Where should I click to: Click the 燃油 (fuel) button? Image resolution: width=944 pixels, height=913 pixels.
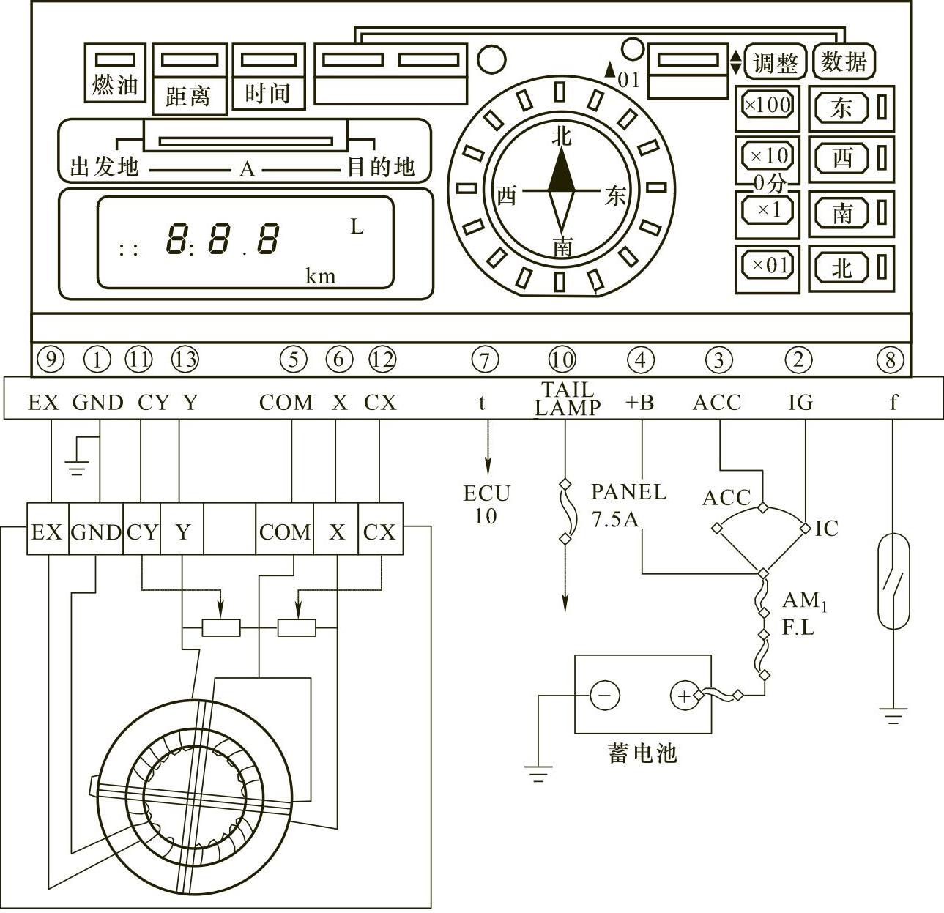pyautogui.click(x=115, y=73)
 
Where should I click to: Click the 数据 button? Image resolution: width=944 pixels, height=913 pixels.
pyautogui.click(x=844, y=62)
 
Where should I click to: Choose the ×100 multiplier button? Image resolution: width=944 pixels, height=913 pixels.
pyautogui.click(x=767, y=105)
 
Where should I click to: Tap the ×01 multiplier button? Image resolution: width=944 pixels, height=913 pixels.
pyautogui.click(x=767, y=264)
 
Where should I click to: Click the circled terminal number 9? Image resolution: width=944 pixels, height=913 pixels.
pyautogui.click(x=51, y=359)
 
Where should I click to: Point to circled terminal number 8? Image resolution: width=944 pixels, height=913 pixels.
pyautogui.click(x=891, y=359)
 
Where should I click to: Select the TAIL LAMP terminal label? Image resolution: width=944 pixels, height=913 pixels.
pyautogui.click(x=568, y=398)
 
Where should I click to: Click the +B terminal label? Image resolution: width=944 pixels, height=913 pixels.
pyautogui.click(x=639, y=402)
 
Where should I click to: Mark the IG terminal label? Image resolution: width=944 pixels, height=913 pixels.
pyautogui.click(x=800, y=402)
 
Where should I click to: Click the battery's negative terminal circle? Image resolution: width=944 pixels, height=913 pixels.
pyautogui.click(x=604, y=695)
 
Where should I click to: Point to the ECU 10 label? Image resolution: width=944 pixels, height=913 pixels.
pyautogui.click(x=486, y=504)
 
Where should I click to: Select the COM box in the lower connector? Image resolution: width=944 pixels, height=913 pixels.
pyautogui.click(x=285, y=532)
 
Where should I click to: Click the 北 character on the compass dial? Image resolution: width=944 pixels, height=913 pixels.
pyautogui.click(x=561, y=135)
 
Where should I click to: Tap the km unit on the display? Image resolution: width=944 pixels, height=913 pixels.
pyautogui.click(x=320, y=275)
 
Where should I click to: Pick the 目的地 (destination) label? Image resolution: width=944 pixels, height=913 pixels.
pyautogui.click(x=380, y=167)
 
